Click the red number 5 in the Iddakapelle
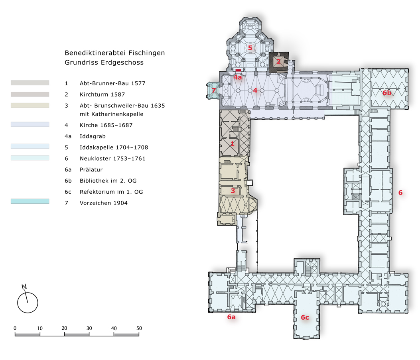tap(250, 48)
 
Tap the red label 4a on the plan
tap(238, 78)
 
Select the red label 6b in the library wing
tap(387, 93)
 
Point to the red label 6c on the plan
tap(305, 317)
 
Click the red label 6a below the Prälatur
tap(231, 317)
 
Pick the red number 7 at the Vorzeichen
tap(214, 90)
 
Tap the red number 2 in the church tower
tap(278, 61)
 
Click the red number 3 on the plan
tap(233, 191)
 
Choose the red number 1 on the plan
tap(233, 144)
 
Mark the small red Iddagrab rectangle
tap(239, 71)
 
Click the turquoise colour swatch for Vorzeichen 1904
tap(30, 201)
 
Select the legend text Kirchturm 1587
tap(103, 94)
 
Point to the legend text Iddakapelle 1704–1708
tap(114, 148)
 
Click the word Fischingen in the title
tap(146, 53)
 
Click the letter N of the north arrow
tap(24, 287)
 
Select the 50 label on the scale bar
tap(139, 328)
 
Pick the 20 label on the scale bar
tap(64, 328)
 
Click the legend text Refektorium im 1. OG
tap(111, 192)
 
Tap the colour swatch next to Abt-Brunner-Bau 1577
tap(30, 83)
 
